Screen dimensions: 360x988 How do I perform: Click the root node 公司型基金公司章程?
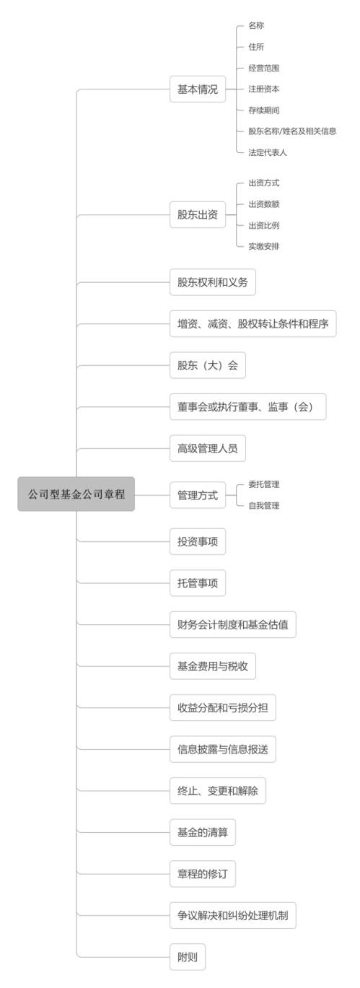click(x=76, y=494)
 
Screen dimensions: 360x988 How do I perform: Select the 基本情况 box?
click(x=198, y=89)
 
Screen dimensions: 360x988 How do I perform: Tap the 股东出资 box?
click(x=198, y=215)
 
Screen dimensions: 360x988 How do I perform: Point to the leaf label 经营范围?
click(x=264, y=68)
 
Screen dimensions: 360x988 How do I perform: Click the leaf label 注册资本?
click(x=264, y=89)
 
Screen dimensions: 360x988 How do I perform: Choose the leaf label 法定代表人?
click(x=268, y=152)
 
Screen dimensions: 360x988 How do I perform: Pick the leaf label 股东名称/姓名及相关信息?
click(x=292, y=131)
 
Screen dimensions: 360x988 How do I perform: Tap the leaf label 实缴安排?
click(x=264, y=246)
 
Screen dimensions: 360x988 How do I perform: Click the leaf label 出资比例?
click(x=264, y=225)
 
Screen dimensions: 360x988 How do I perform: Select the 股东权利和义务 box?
click(x=213, y=282)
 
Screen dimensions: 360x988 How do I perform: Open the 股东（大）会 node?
click(x=208, y=365)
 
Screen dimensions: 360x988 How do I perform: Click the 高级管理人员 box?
click(x=208, y=448)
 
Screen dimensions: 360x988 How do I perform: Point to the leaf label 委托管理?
click(x=264, y=484)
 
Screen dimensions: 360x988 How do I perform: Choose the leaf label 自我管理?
click(x=264, y=505)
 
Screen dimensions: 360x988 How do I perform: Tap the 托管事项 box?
click(x=198, y=583)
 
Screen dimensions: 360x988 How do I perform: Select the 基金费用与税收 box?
click(x=213, y=666)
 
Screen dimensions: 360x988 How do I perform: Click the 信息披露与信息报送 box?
click(x=223, y=749)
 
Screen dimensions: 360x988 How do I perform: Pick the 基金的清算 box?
click(x=203, y=832)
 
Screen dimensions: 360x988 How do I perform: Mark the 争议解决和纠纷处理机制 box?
click(x=233, y=915)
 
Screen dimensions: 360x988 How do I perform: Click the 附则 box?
click(x=188, y=957)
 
